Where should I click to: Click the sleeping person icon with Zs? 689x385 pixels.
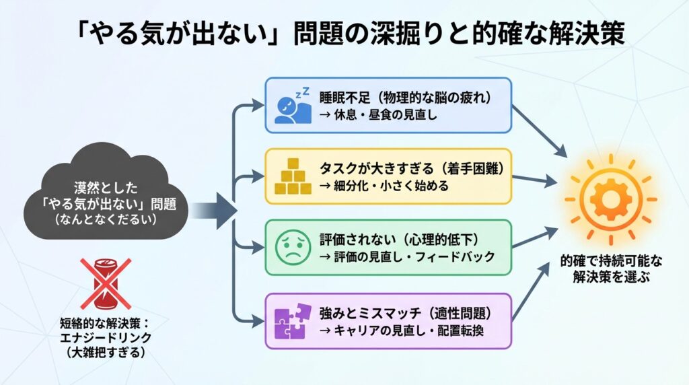[x=293, y=106]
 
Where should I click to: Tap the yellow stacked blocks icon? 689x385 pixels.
[x=291, y=176]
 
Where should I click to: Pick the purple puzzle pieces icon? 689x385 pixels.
[x=292, y=321]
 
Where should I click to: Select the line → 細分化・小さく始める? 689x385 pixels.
[x=384, y=185]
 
